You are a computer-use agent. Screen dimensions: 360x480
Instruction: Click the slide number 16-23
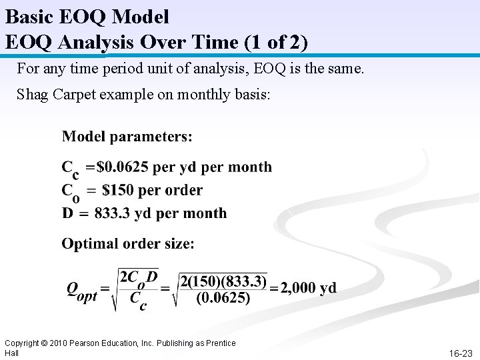click(x=460, y=353)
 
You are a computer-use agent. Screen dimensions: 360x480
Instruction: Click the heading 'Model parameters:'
click(x=127, y=137)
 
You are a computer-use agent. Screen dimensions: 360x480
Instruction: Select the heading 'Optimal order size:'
click(x=128, y=244)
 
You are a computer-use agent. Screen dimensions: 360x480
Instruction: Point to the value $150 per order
click(x=152, y=191)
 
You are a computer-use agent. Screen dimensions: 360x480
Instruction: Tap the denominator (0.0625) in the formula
click(x=223, y=298)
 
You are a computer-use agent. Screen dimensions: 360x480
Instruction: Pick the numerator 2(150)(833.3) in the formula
click(x=223, y=281)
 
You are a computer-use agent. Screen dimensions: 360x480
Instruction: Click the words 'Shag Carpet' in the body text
click(x=57, y=94)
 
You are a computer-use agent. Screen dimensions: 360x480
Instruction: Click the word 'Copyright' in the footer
click(x=22, y=343)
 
